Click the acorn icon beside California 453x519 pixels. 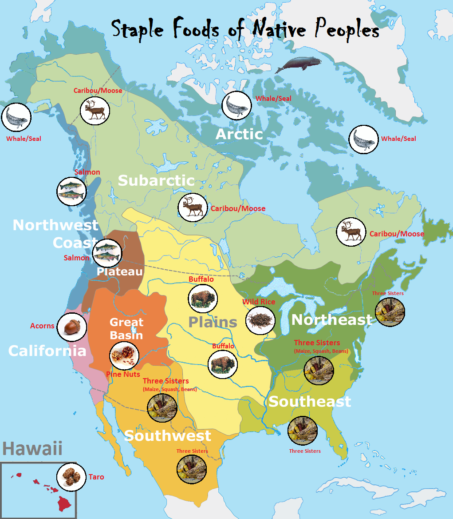coord(72,327)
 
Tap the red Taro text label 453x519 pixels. coord(96,477)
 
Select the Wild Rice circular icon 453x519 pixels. coord(260,320)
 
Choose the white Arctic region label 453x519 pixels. coord(239,134)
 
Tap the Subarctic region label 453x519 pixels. coord(156,180)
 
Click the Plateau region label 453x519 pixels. coord(120,271)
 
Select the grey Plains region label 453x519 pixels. coord(213,322)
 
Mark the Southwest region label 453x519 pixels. coord(168,435)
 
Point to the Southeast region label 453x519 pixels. coord(310,401)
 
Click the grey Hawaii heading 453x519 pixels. coord(32,449)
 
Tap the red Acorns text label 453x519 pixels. coord(43,326)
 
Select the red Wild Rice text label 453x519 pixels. coord(259,302)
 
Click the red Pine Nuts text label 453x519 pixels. coord(123,374)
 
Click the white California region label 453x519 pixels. coord(47,351)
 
